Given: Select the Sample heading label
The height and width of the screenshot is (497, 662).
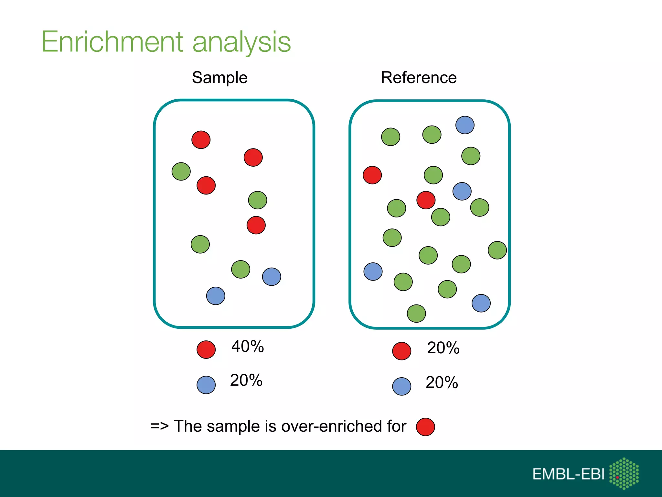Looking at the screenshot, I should [x=219, y=78].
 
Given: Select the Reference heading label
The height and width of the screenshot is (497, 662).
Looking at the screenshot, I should [x=419, y=78].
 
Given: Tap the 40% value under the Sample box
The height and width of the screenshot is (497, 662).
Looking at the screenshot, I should [x=247, y=346].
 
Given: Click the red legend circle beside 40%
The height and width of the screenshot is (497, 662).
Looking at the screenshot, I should [x=206, y=349].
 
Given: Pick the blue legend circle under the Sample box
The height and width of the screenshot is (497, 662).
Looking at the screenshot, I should [x=206, y=385].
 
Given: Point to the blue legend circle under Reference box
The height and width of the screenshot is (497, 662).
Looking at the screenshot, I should [x=401, y=386].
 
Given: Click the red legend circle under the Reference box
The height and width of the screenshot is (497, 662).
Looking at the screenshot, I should [x=401, y=351].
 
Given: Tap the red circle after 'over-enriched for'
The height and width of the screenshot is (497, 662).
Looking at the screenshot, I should [x=425, y=427].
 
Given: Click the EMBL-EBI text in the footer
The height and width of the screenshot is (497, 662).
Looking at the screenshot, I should [x=568, y=474].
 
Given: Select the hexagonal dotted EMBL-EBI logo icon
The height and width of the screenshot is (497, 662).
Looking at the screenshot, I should [x=624, y=473].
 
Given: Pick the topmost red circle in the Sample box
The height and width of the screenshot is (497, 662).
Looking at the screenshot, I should [x=201, y=140].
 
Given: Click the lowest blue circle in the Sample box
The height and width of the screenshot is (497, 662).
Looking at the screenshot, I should [x=216, y=296].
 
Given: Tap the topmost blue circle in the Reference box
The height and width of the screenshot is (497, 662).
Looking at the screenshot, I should [x=465, y=125].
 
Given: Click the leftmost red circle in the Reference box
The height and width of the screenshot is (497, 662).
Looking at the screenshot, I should [x=372, y=175].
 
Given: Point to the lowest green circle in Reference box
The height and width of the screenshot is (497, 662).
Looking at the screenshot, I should [x=416, y=314].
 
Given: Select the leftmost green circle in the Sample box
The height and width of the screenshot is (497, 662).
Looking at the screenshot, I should [x=181, y=171].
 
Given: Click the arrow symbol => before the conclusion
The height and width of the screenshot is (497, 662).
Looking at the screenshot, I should [x=159, y=426].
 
